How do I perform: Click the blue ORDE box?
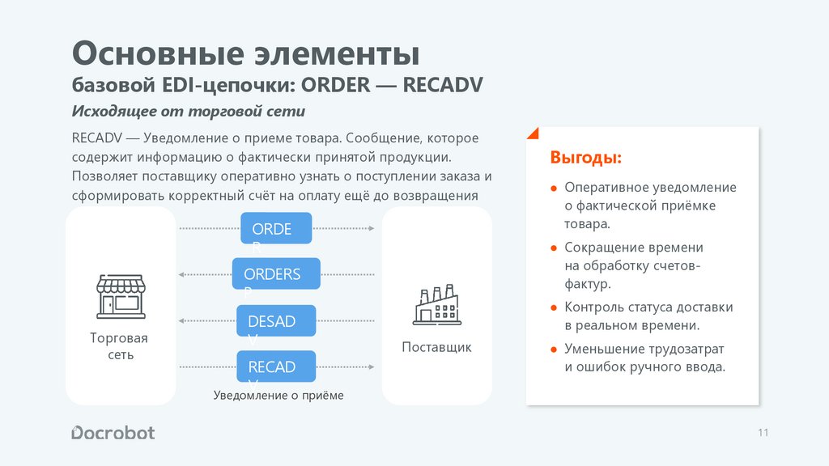[276, 228]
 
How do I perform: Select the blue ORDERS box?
[276, 273]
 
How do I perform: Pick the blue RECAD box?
[275, 366]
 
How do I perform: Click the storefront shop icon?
[121, 295]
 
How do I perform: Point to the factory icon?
[436, 304]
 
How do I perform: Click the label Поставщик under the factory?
[436, 347]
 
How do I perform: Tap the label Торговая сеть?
[119, 346]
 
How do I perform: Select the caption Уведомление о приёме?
[278, 396]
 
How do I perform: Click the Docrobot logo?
[113, 432]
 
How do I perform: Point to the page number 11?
[763, 433]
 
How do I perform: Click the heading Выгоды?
[586, 157]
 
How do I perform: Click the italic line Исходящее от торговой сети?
[189, 111]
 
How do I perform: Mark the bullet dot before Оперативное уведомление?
[554, 188]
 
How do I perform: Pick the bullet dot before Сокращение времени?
[554, 248]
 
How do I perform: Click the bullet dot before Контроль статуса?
[554, 307]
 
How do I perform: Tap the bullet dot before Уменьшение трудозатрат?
[554, 349]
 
